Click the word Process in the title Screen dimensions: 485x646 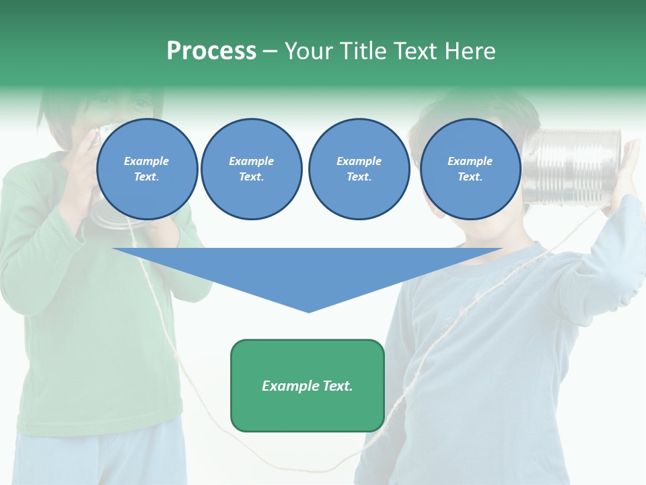(x=211, y=51)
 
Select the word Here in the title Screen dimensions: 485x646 (x=469, y=51)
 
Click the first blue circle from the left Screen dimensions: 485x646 (x=147, y=169)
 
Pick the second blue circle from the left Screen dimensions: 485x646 (x=252, y=169)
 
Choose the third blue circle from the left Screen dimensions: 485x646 (x=359, y=169)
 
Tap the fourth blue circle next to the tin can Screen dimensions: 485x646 (x=470, y=169)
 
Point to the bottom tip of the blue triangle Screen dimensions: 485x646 (x=308, y=311)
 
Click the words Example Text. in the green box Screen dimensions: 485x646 (x=307, y=386)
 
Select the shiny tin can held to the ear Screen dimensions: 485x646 (x=576, y=166)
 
